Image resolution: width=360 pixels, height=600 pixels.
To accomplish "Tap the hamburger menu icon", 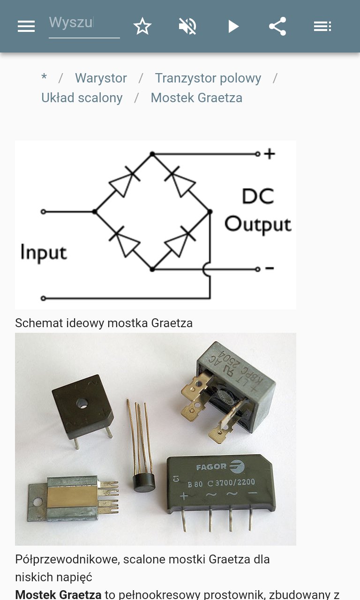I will click(26, 26).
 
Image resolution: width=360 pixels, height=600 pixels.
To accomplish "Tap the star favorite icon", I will click(142, 26).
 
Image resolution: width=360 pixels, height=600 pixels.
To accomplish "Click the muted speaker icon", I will click(187, 26).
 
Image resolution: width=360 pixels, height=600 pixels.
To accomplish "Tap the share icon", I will click(277, 26).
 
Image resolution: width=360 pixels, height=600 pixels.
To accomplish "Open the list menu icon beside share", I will click(322, 26).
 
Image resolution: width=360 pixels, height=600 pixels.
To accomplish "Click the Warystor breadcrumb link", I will click(101, 78).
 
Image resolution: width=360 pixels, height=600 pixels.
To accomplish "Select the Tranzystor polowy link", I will click(208, 78).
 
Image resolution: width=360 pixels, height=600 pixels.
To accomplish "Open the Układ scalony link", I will click(82, 97).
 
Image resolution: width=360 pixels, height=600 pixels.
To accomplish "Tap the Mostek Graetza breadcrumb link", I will click(196, 97).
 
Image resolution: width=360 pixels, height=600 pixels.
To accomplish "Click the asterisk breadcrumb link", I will click(44, 78).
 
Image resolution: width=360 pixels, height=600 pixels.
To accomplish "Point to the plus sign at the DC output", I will click(270, 154).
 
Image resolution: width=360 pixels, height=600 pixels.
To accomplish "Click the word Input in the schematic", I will click(44, 252).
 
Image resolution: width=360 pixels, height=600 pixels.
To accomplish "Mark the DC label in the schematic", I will click(258, 196).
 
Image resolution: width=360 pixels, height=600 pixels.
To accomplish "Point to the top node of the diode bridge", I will click(152, 154).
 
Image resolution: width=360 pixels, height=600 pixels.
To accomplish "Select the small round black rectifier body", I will click(144, 481).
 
